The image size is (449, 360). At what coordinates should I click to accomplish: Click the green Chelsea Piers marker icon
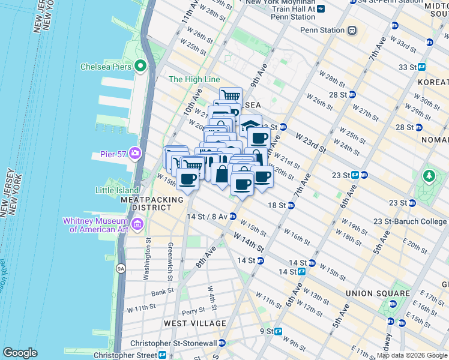[x=140, y=66]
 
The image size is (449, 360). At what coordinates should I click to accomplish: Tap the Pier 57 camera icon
[x=134, y=154]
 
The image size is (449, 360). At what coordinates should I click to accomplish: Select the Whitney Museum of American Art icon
[x=138, y=225]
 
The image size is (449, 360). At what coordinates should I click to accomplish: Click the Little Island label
[x=117, y=191]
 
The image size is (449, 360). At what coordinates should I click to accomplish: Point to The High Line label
[x=194, y=79]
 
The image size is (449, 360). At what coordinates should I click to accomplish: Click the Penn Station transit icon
[x=352, y=30]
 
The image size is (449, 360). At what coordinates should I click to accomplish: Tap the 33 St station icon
[x=422, y=67]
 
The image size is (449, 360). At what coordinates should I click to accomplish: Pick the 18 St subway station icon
[x=291, y=205]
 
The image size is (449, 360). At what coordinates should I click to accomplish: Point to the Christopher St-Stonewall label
[x=173, y=343]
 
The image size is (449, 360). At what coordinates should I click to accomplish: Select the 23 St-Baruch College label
[x=409, y=221]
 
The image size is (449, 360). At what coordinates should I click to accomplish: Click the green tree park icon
[x=429, y=176]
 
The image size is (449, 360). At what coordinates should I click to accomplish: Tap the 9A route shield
[x=121, y=269]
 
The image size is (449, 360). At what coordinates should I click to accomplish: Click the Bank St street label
[x=163, y=293]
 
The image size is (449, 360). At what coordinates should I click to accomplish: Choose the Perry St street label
[x=193, y=311]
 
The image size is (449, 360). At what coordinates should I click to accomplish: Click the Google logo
[x=20, y=353]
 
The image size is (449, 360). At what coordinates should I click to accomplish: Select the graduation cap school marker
[x=250, y=125]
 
